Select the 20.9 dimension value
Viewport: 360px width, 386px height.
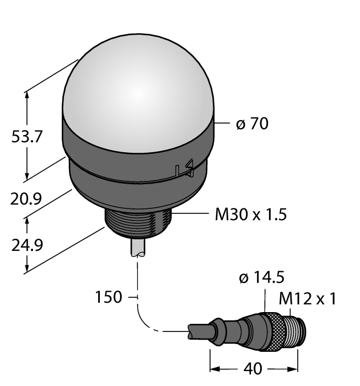pos(26,199)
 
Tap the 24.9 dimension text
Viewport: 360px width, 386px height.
pos(27,245)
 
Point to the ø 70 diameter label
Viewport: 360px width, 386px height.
pos(252,124)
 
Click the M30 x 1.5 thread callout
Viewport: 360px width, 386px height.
pos(251,215)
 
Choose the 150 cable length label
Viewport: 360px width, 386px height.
pos(109,297)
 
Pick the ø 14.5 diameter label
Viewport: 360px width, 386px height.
pos(261,277)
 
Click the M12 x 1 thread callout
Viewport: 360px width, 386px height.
pos(307,299)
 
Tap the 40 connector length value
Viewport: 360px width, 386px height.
pos(252,369)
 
